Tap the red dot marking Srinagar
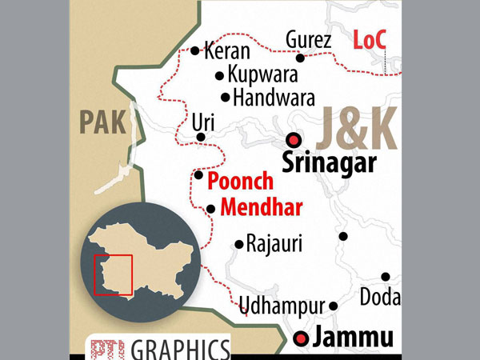coord(294,138)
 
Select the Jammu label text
coord(354,338)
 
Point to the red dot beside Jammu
coord(301,338)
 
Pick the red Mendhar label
coord(261,209)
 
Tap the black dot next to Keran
coord(195,50)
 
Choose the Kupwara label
coord(262,75)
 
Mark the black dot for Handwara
coord(226,98)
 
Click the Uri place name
coord(202,122)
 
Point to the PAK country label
coord(102,123)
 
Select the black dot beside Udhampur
coord(334,306)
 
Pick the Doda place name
coord(380,297)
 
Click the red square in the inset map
coord(113,274)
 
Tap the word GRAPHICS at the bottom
coord(179,349)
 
